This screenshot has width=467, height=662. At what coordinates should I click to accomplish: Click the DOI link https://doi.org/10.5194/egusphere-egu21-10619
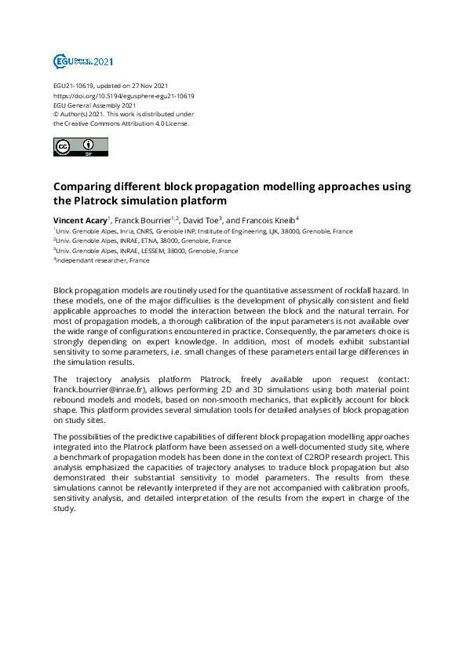124,96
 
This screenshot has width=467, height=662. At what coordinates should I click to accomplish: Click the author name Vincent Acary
79,219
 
